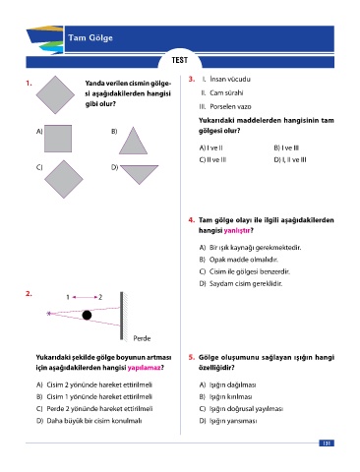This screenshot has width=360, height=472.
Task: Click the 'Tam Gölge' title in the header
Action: [90, 38]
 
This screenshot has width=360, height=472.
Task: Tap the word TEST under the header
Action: [180, 60]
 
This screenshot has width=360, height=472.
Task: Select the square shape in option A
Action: [58, 139]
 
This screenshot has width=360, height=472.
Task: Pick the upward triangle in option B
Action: [133, 141]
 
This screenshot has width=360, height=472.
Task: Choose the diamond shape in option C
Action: [64, 179]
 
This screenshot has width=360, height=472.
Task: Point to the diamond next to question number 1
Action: [55, 94]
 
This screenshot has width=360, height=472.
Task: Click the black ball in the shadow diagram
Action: [87, 315]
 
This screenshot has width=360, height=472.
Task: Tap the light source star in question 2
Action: [49, 314]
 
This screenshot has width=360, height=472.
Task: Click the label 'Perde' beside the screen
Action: [142, 338]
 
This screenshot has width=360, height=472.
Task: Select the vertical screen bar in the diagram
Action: [122, 316]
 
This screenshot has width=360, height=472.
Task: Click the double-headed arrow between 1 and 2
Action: [85, 297]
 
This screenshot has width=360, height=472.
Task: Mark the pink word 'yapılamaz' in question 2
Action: [144, 368]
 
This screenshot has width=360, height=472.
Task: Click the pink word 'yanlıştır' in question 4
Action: [237, 230]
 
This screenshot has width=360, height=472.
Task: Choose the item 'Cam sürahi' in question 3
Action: [226, 92]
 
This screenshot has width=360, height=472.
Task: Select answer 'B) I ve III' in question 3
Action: [286, 147]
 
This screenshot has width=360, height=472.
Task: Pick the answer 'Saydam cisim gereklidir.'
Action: [246, 283]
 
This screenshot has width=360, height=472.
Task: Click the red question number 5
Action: [192, 357]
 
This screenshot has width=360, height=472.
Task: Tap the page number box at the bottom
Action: [327, 443]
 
